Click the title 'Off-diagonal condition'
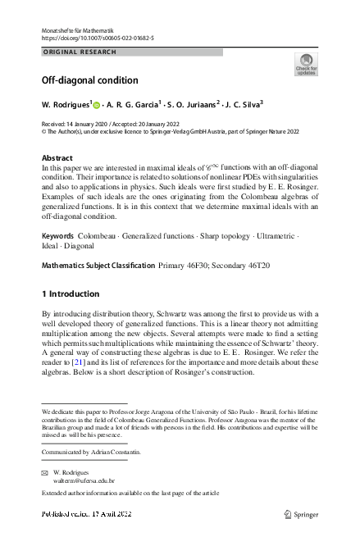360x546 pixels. [x=90, y=80]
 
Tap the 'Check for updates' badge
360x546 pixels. [x=306, y=64]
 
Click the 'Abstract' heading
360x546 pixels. [x=57, y=157]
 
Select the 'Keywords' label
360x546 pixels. [x=58, y=235]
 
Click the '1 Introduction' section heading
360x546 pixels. [x=70, y=293]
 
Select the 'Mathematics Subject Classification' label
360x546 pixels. [x=98, y=266]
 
